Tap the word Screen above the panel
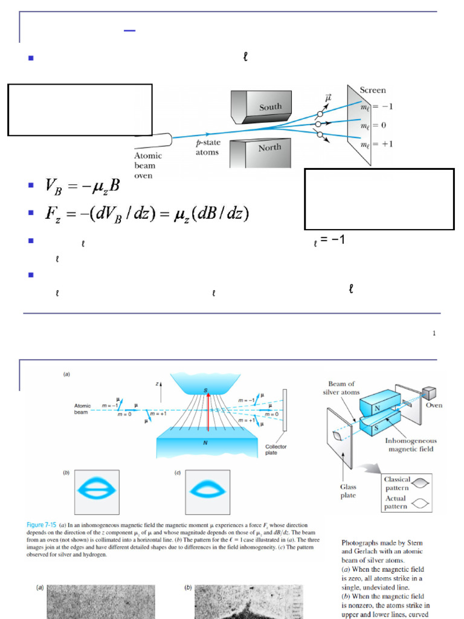(x=373, y=90)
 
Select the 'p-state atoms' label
(x=207, y=147)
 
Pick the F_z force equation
(x=146, y=213)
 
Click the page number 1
(x=434, y=333)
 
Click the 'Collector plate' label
(x=275, y=449)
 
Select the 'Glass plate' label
(x=347, y=491)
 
